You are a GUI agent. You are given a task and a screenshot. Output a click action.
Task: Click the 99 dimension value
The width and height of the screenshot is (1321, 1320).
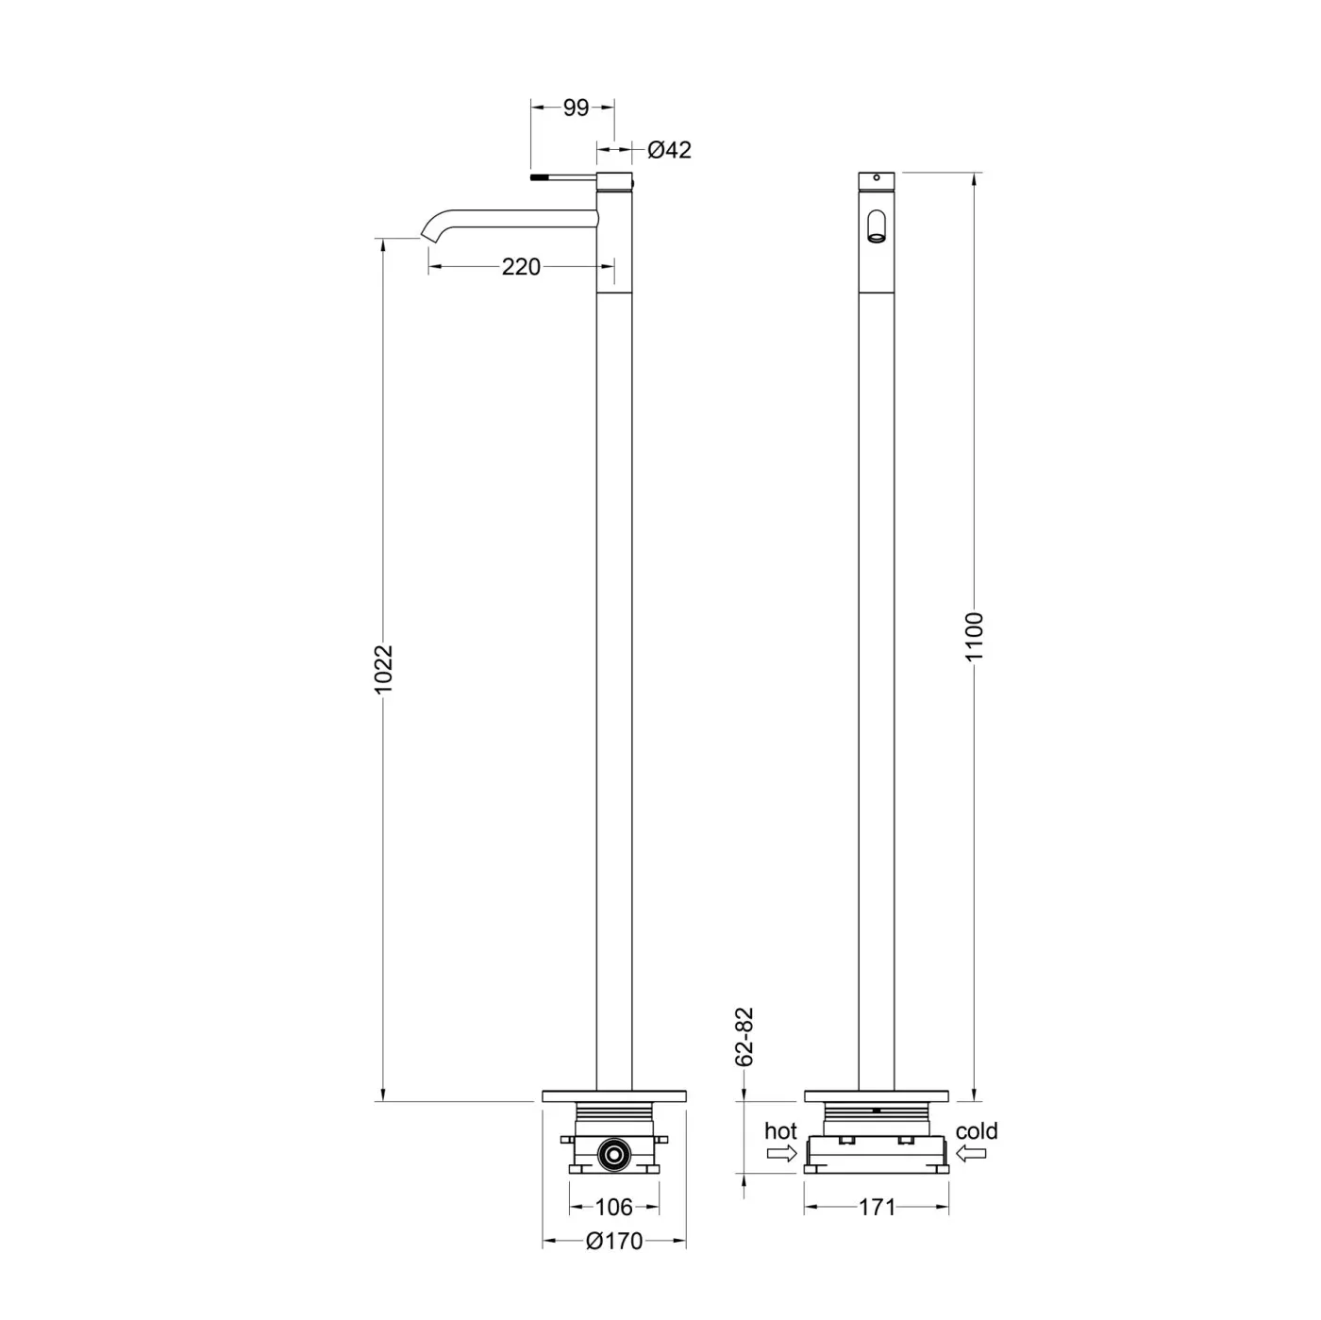tap(576, 108)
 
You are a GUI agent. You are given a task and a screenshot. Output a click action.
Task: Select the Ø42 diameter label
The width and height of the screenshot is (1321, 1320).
tap(669, 149)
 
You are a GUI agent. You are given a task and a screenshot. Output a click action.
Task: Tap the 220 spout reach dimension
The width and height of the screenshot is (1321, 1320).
tap(521, 267)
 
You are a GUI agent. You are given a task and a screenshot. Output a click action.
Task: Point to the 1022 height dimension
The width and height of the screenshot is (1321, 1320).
tap(383, 669)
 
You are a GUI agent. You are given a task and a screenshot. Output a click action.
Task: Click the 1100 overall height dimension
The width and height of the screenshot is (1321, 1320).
tap(974, 636)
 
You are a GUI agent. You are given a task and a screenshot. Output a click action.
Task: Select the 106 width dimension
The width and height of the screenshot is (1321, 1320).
tap(613, 1207)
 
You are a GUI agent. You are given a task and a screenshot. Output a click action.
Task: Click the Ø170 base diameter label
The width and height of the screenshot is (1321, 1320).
tap(614, 1241)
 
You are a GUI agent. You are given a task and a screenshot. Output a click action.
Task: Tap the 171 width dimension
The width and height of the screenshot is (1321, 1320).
tap(877, 1207)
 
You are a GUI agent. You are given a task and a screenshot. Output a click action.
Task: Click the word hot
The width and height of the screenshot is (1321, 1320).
tap(781, 1130)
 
